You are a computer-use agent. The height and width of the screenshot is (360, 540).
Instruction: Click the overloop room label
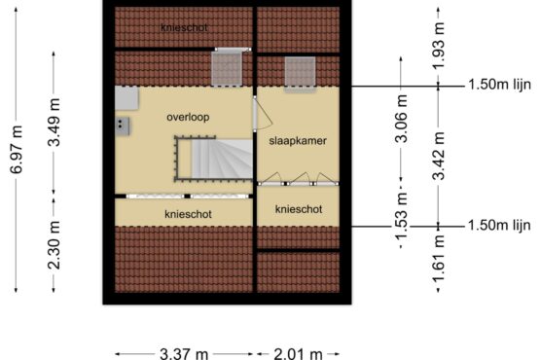[x=188, y=118]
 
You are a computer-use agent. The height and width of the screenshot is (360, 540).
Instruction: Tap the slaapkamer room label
[x=298, y=141]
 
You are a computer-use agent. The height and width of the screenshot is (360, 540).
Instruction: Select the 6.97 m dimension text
[x=17, y=150]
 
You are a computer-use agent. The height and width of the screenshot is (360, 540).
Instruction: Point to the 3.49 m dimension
[x=54, y=123]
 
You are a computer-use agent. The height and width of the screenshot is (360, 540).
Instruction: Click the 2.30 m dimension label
[x=54, y=245]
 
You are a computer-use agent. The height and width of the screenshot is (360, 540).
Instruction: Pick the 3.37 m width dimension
[x=184, y=354]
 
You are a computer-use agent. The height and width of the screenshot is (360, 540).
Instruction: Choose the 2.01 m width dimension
[x=299, y=354]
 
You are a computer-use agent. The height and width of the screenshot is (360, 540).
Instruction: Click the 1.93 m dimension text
[x=439, y=45]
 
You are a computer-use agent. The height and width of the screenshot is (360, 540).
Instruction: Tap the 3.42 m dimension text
[x=439, y=156]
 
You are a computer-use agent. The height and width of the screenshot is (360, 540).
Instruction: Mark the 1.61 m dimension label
[x=439, y=259]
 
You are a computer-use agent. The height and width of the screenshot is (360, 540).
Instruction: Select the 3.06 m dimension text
[x=401, y=119]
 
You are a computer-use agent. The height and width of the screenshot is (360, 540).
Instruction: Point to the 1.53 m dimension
[x=401, y=216]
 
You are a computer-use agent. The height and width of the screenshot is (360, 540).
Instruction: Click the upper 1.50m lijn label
[x=500, y=85]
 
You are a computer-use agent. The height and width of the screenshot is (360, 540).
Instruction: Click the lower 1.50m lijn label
[x=499, y=226]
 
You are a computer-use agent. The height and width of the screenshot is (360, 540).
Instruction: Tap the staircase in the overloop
[x=214, y=159]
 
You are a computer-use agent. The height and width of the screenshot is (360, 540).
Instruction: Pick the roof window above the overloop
[x=227, y=69]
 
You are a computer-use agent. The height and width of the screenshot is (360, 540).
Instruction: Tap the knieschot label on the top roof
[x=184, y=28]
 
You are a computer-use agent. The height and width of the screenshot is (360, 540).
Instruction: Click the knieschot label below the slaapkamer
[x=299, y=209]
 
